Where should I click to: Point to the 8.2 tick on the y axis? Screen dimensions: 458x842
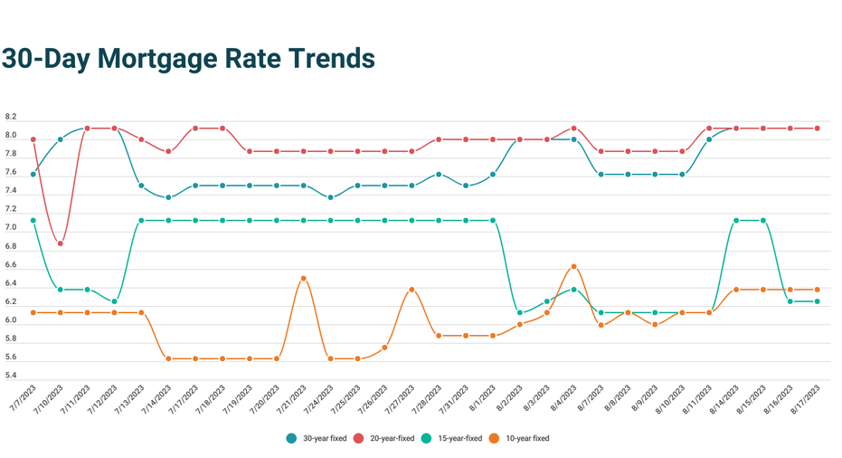pyautogui.click(x=11, y=118)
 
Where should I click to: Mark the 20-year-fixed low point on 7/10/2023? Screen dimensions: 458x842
pyautogui.click(x=61, y=243)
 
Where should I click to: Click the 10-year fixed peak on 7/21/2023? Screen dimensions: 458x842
pyautogui.click(x=304, y=279)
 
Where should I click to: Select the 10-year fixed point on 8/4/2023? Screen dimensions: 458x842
pyautogui.click(x=574, y=267)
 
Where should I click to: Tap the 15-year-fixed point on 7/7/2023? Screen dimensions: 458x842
pyautogui.click(x=33, y=221)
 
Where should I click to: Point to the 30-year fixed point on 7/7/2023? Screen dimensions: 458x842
pyautogui.click(x=33, y=175)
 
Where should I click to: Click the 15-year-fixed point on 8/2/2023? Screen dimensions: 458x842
pyautogui.click(x=520, y=313)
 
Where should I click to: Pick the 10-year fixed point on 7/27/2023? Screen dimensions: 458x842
pyautogui.click(x=412, y=290)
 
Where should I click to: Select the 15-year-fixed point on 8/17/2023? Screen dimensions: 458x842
pyautogui.click(x=818, y=301)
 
